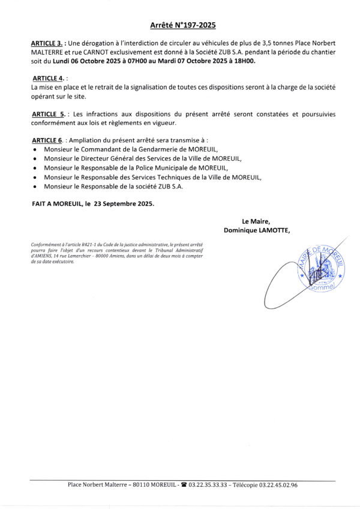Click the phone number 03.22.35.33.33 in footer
coord(205,485)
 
